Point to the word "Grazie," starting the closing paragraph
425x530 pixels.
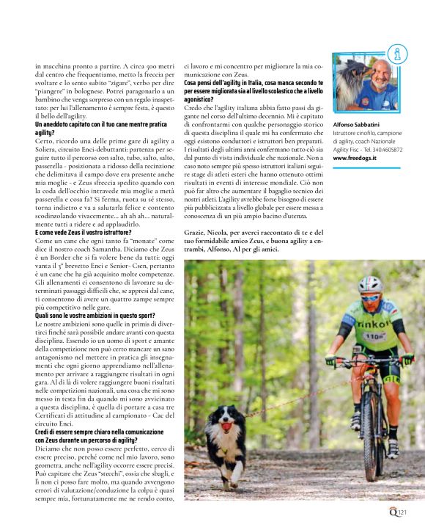pos(196,232)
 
